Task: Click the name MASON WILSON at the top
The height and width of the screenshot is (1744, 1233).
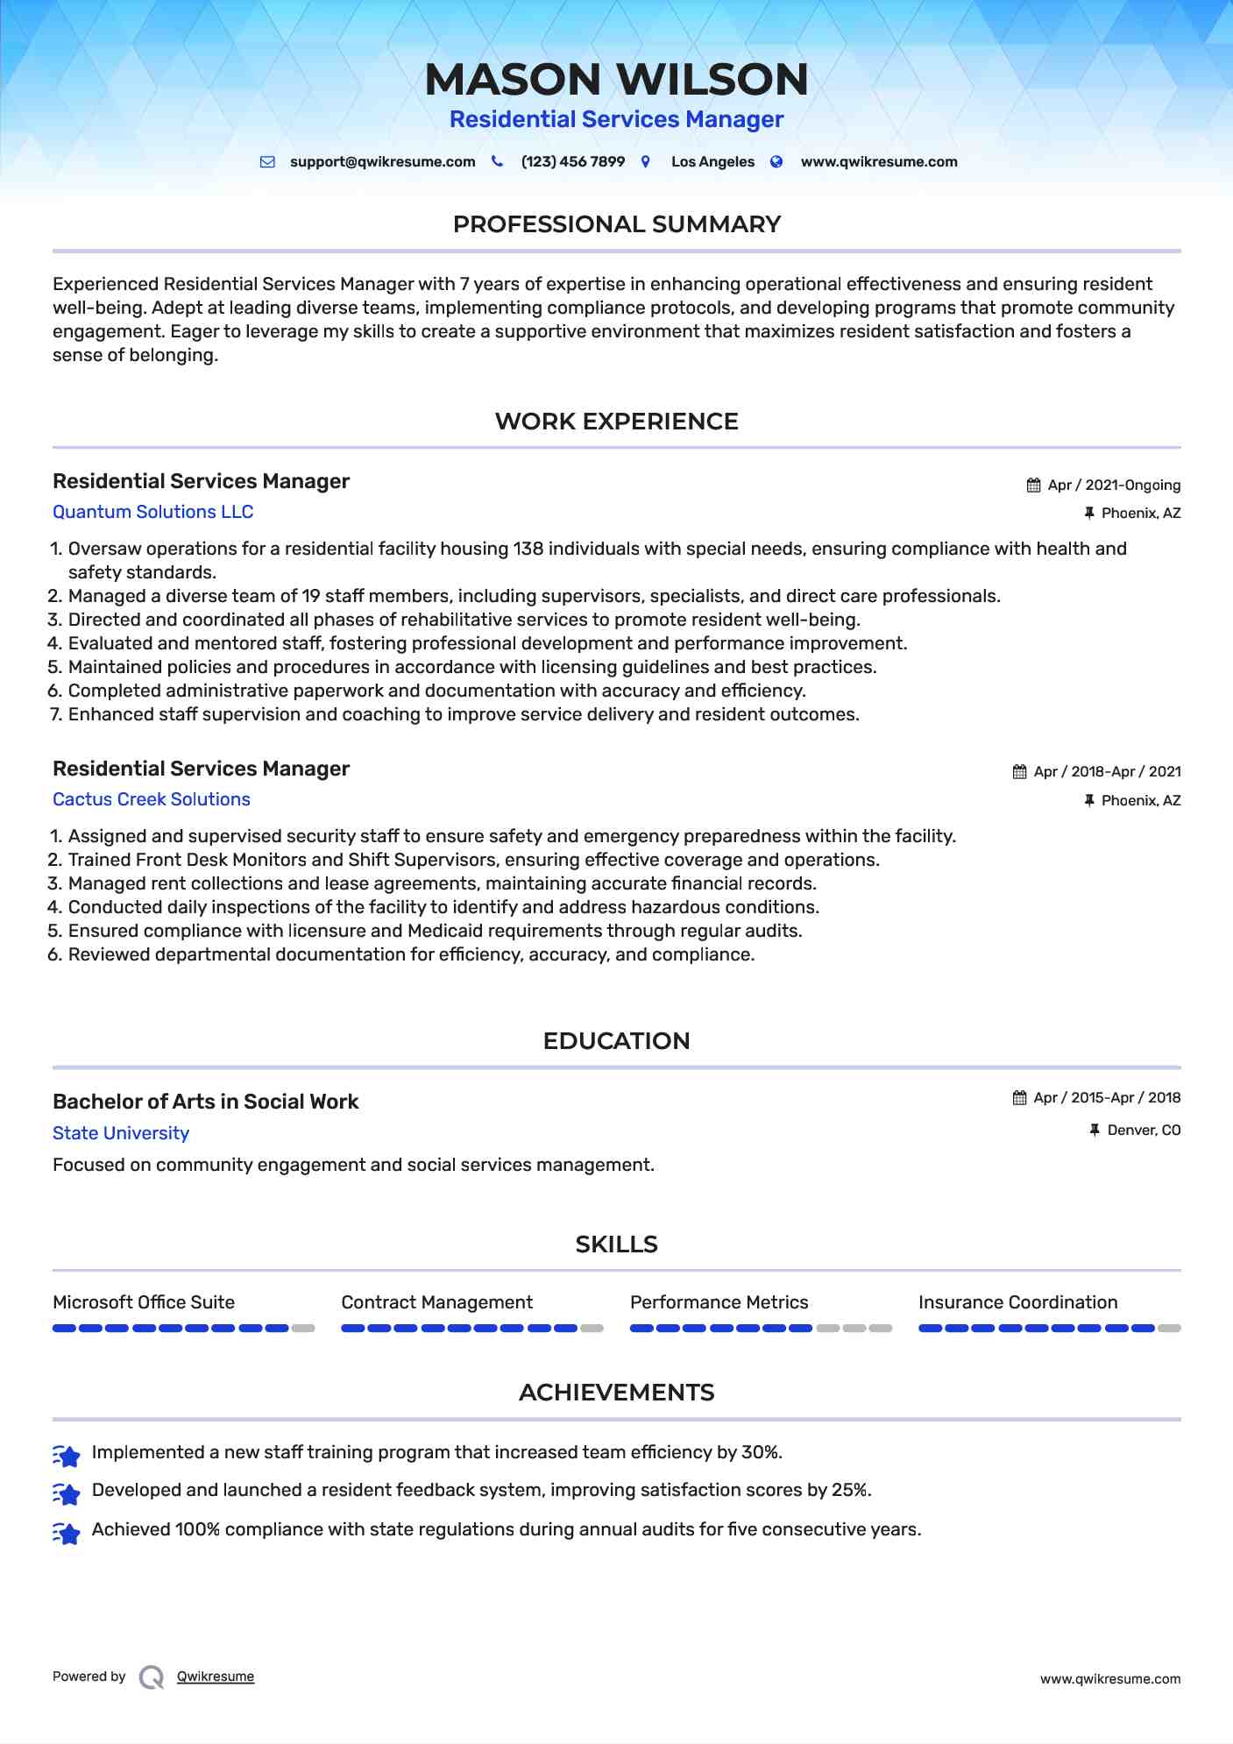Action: point(616,79)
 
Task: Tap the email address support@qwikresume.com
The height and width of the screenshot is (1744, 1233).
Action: point(382,162)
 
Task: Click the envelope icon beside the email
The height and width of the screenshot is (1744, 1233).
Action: point(267,162)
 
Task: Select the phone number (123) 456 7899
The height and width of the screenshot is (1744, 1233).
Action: point(572,162)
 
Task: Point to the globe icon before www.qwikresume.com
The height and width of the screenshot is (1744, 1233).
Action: point(776,162)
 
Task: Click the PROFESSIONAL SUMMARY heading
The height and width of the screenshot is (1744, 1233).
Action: point(616,224)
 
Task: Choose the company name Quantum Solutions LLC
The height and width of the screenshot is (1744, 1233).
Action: point(152,512)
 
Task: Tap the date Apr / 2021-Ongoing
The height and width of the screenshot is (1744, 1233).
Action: point(1113,486)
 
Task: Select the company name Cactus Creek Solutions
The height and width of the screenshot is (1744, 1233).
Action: point(152,799)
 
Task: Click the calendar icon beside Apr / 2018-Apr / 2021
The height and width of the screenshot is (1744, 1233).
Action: point(1019,772)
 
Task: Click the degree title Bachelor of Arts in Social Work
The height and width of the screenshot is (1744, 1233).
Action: point(205,1102)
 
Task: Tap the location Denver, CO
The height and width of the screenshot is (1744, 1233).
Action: point(1144,1131)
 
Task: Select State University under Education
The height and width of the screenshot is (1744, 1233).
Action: point(121,1133)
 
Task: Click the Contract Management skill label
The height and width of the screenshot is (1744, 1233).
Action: point(436,1302)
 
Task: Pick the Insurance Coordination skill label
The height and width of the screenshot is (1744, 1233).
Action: point(1017,1302)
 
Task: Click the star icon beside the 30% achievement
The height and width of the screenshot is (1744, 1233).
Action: point(67,1455)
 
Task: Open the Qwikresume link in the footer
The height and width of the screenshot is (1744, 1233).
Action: point(216,1677)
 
